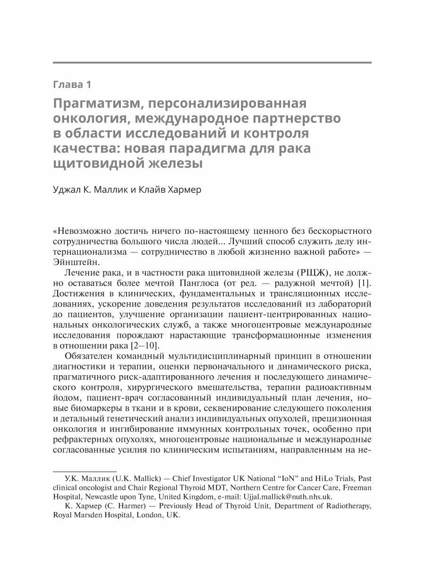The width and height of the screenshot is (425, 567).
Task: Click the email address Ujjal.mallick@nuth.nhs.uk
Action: coord(288,497)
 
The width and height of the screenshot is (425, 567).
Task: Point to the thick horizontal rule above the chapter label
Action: coord(212,62)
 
